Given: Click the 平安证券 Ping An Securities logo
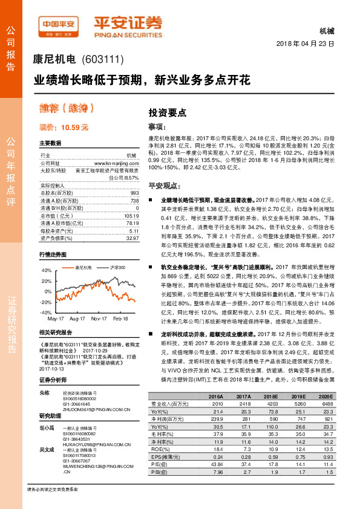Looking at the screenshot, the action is pyautogui.click(x=128, y=25).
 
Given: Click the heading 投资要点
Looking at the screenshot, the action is pyautogui.click(x=168, y=112).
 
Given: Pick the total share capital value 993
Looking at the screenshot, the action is pyautogui.click(x=134, y=192).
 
